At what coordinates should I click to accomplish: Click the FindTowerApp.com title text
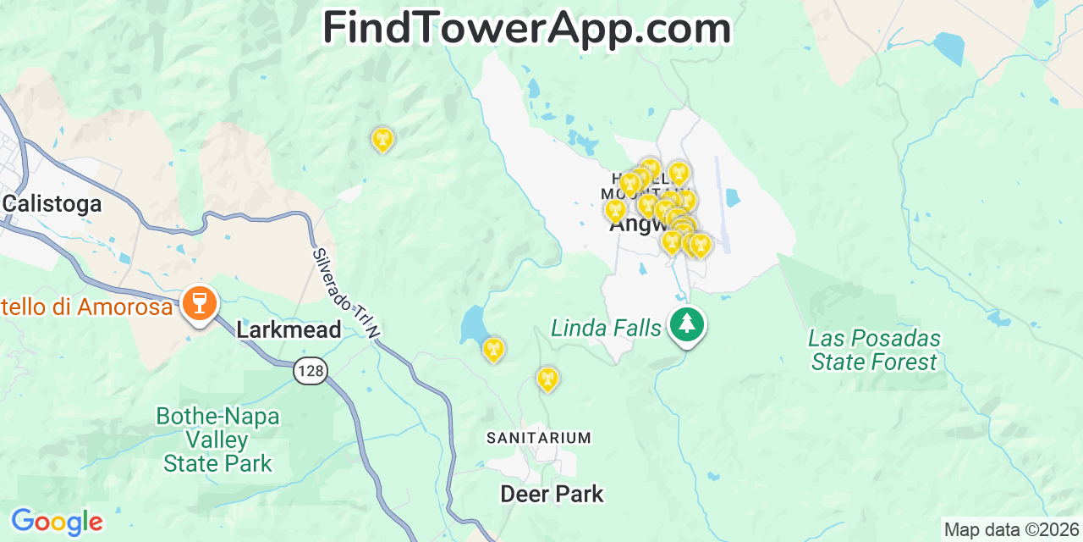[526, 29]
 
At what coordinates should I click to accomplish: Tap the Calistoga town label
[52, 203]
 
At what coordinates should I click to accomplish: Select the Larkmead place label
[289, 329]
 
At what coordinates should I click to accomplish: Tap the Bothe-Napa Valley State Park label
[217, 440]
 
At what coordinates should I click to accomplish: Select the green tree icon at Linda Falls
[686, 324]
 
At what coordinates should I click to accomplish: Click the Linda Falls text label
[606, 328]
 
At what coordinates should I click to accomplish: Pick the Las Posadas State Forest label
[874, 350]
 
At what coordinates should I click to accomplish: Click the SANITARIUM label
[538, 438]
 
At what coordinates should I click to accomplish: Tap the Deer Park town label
[552, 494]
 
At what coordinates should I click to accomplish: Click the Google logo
[57, 521]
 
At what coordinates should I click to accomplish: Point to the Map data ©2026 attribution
[1011, 530]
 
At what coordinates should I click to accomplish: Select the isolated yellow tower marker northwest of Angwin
[382, 138]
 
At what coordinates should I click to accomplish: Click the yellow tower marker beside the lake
[493, 348]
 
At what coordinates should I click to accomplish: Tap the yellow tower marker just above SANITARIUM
[547, 378]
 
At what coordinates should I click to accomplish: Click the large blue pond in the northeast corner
[948, 48]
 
